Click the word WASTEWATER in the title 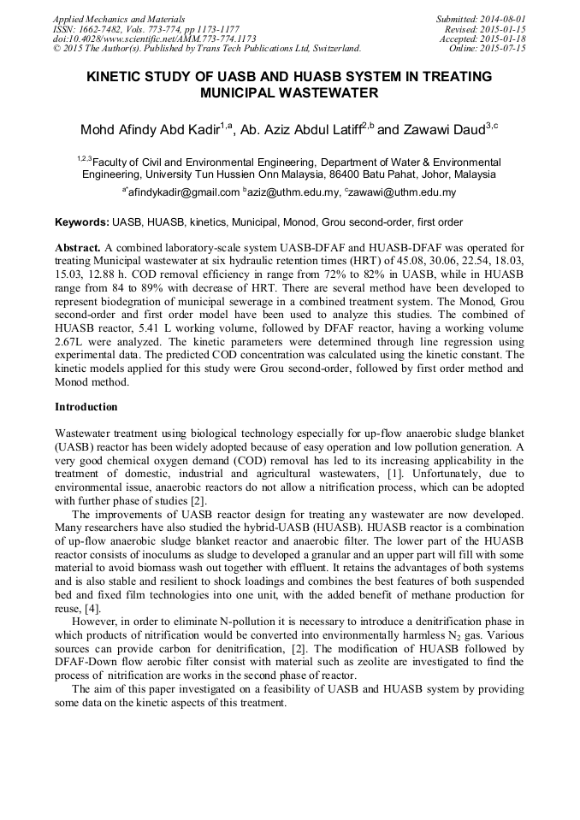(x=329, y=92)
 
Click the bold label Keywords (x=82, y=222)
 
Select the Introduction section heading (x=86, y=407)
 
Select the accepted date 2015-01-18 (x=497, y=38)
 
